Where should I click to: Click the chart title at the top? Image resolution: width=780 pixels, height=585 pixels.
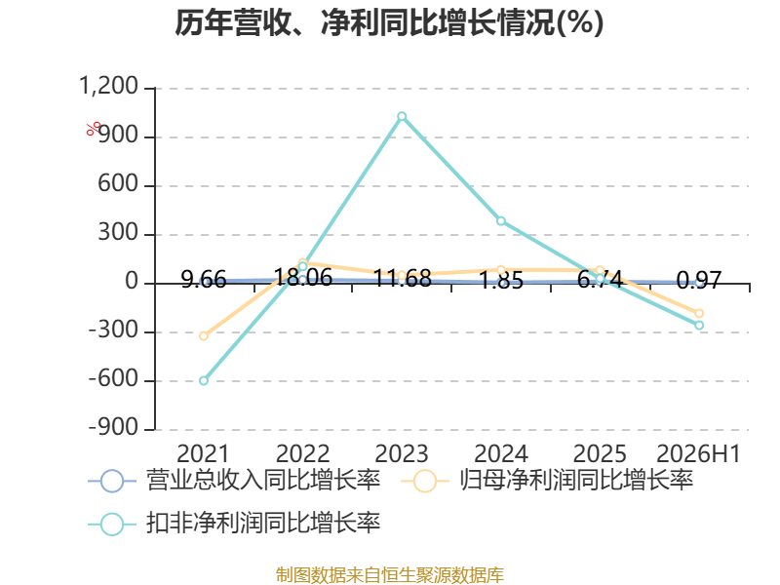389,22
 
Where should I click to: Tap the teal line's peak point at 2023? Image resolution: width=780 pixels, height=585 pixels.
402,116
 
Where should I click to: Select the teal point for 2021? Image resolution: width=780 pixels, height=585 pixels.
204,380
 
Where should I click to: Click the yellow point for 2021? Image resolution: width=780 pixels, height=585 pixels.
204,336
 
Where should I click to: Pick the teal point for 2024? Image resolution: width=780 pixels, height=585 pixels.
501,221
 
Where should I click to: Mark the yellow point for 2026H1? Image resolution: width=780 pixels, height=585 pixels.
699,313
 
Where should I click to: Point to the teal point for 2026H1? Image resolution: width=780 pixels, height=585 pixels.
699,326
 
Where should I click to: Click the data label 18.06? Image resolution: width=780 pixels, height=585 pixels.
303,277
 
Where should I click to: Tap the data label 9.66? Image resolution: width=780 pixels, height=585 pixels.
204,280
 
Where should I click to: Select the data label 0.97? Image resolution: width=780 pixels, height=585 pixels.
699,281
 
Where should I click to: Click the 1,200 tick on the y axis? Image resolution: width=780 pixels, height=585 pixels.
108,86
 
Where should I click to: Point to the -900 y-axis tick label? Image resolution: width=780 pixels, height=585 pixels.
113,427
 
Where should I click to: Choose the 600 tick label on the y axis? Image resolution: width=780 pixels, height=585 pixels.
117,184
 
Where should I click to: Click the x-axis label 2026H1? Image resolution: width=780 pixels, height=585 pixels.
699,453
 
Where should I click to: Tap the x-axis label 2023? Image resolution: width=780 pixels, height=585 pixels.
402,453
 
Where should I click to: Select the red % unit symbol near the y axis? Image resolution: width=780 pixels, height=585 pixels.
93,129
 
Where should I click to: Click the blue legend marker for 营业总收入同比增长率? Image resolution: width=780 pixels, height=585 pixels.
112,481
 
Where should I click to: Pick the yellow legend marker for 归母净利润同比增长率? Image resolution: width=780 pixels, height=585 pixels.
425,481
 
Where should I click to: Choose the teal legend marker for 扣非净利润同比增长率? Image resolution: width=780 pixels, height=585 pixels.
112,524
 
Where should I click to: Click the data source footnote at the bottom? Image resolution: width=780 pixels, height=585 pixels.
390,575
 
